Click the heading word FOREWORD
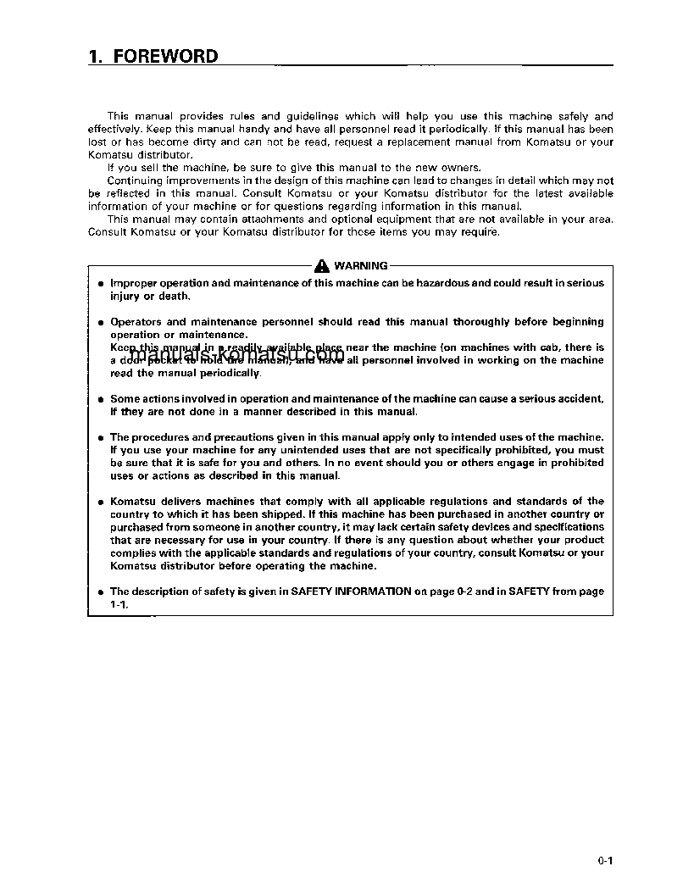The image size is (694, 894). (x=165, y=57)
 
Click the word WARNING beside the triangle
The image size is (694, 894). (x=361, y=265)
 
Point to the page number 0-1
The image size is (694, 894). (x=604, y=861)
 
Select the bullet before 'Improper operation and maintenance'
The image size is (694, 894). (x=101, y=284)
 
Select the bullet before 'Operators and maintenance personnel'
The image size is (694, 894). (x=101, y=323)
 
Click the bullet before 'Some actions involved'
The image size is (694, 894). (x=101, y=399)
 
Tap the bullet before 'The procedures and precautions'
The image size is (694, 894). (x=101, y=438)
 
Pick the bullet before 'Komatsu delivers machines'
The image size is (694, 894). (x=101, y=502)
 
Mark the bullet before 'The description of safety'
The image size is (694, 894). (x=101, y=592)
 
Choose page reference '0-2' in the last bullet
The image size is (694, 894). (x=464, y=591)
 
